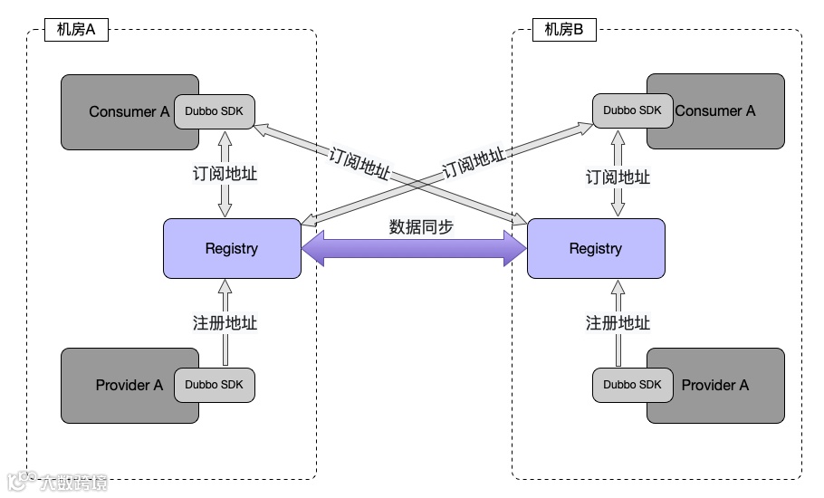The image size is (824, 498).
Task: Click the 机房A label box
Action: pos(76,29)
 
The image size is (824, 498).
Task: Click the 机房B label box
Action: pos(564,29)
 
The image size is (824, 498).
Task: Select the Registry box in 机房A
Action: pos(232,248)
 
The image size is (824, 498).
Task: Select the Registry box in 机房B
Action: pos(596,248)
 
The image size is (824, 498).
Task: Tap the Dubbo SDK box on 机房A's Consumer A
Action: pos(215,111)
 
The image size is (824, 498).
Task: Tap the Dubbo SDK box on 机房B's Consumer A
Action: pos(633,110)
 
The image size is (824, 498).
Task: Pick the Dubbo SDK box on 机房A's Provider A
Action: pos(215,385)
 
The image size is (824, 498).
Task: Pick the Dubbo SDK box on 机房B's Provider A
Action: pos(633,385)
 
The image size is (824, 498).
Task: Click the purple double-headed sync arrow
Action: pos(414,248)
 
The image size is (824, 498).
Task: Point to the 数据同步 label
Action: pos(421,227)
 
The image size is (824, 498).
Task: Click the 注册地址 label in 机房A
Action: pos(225,322)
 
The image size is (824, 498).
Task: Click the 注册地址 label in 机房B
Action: pos(618,322)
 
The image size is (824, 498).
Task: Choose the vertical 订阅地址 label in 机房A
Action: pos(225,173)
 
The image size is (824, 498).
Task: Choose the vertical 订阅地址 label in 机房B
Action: pos(618,177)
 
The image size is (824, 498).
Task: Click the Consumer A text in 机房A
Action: pos(129,112)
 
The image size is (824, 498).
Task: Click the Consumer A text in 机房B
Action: pos(715,110)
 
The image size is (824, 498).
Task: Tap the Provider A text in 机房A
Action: pos(129,385)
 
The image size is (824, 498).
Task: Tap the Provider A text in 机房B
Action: pos(715,385)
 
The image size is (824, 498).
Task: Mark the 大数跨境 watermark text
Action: pos(73,483)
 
